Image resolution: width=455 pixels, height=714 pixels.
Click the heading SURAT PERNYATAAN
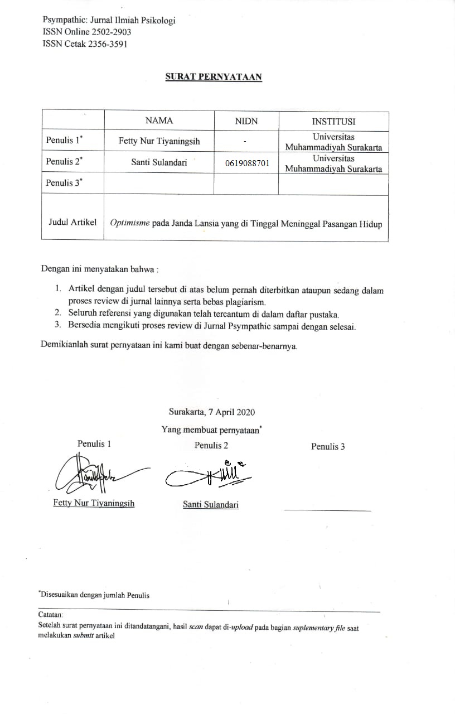[x=214, y=77]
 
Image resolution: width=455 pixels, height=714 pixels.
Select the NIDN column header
[x=246, y=121]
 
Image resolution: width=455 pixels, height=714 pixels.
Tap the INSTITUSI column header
[x=333, y=121]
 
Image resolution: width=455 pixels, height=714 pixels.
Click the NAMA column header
[x=159, y=120]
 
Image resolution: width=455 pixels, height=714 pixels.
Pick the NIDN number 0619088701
[x=247, y=163]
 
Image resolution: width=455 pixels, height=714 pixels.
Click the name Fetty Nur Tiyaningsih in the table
[x=159, y=141]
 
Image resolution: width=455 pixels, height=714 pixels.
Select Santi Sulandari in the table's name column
[x=159, y=162]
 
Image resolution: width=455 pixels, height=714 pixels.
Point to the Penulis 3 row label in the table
[x=64, y=183]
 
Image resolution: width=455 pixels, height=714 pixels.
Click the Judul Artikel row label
[x=72, y=222]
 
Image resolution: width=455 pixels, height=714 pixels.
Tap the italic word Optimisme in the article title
[x=129, y=223]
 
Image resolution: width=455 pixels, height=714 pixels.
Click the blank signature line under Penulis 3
[x=327, y=510]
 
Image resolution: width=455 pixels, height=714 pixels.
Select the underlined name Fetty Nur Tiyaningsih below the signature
[x=94, y=503]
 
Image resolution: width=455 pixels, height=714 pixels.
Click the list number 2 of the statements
[x=57, y=314]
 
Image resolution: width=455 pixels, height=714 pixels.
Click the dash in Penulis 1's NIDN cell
[x=245, y=142]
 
